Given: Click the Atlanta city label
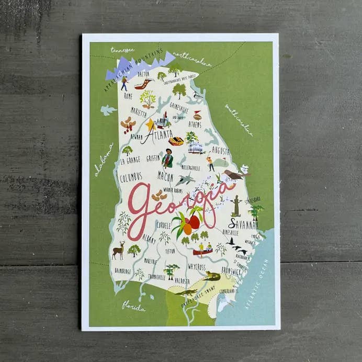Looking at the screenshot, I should point(156,135).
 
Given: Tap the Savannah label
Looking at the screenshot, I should point(243,224).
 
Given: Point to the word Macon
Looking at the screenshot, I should point(165,176).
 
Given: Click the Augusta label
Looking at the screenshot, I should point(220,151).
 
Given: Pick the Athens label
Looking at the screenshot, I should point(195,124).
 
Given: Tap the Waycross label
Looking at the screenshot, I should point(197,266).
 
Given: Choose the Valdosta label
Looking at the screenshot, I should point(182,280).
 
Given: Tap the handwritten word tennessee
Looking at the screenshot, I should point(122,50).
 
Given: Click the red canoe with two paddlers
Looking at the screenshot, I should point(203,251).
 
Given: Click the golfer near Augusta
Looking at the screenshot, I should point(210,163).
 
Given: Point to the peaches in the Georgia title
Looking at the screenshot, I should point(189,224).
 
